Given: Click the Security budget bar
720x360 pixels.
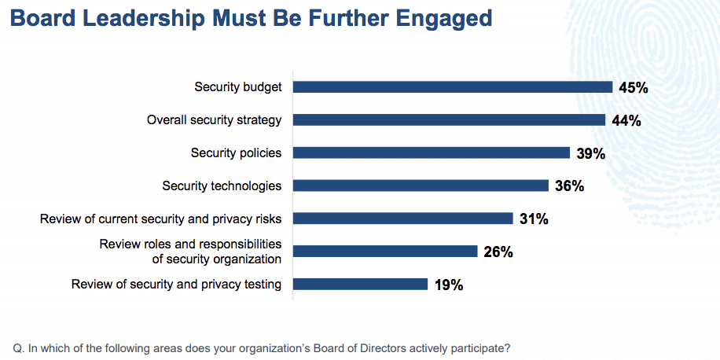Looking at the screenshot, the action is (453, 87).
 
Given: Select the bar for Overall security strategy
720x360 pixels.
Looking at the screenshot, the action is (449, 119).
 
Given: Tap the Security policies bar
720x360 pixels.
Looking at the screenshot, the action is (432, 153).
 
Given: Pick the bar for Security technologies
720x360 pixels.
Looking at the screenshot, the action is (421, 186).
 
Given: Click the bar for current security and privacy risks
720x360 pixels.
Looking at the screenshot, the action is (402, 218).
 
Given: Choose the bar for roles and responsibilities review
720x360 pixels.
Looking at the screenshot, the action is (385, 252).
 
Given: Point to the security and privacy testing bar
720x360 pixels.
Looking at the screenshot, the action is (361, 285).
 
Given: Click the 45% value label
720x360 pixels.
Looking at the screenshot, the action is (634, 88).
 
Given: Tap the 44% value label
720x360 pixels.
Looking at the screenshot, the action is (626, 120).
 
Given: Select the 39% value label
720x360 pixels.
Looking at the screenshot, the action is (591, 153).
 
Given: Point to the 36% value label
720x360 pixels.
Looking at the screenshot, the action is (569, 186).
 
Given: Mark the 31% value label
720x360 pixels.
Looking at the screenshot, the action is (534, 219).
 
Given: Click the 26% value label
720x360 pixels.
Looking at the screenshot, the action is (498, 252).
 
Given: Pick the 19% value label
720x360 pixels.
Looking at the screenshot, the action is (449, 285).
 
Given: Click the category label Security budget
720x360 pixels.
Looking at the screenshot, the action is (238, 87).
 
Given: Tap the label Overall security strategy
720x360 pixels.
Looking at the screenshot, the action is (214, 120).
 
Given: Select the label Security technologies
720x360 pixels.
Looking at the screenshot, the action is (222, 186).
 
